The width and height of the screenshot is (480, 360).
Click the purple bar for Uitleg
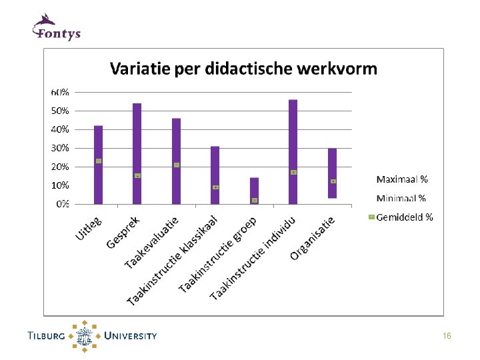coord(98,165)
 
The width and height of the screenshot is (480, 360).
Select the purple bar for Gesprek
coord(137,154)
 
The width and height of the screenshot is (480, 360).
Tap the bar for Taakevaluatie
coord(176,161)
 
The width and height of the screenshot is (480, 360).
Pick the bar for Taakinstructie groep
coord(255,191)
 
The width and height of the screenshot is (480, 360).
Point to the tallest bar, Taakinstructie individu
coord(293,152)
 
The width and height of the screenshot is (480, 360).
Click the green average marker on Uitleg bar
coord(99,161)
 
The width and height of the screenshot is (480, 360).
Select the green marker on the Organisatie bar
coord(333,181)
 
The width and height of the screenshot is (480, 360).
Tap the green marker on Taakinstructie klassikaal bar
coord(215,187)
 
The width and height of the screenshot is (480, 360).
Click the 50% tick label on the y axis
coord(60,111)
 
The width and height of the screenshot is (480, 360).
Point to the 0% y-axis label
coord(63,204)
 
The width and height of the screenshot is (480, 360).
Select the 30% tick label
coord(60,148)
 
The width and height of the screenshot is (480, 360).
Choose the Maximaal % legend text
coord(402,179)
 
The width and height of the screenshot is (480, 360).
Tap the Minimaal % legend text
coord(401,198)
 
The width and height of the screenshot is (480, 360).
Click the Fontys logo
coord(56,27)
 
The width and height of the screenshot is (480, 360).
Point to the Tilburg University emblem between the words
coord(84,336)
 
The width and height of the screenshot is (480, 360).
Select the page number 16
coord(447,336)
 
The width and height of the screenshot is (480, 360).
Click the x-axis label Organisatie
coord(312,239)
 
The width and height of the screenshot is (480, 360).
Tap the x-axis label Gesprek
coord(123,232)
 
